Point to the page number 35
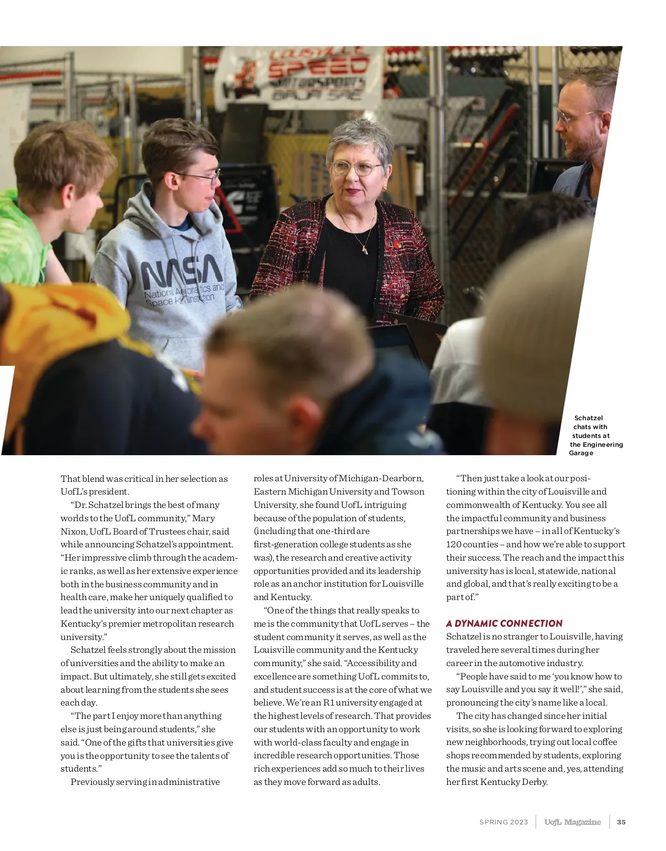point(621,822)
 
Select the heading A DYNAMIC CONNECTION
point(504,623)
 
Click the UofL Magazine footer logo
point(572,822)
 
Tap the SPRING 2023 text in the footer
point(503,822)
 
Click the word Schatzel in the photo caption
point(588,418)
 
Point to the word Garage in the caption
point(581,453)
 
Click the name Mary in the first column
point(203,518)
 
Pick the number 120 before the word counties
point(454,545)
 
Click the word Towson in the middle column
point(408,491)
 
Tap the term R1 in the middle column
point(329,703)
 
